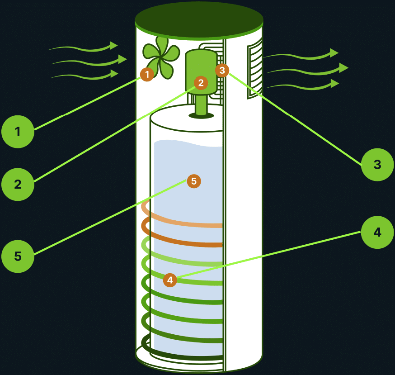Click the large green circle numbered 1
[18, 132]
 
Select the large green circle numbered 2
[18, 184]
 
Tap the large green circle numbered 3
[377, 164]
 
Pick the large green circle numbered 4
[377, 232]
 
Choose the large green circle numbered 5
[18, 256]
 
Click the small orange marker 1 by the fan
[147, 74]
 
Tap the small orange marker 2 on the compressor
[201, 82]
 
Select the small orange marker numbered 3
[222, 70]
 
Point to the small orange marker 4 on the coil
[170, 280]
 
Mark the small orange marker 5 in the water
[193, 181]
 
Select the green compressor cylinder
[201, 68]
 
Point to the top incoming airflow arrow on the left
[84, 47]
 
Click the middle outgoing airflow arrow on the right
[307, 69]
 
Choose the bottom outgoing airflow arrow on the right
[303, 85]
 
